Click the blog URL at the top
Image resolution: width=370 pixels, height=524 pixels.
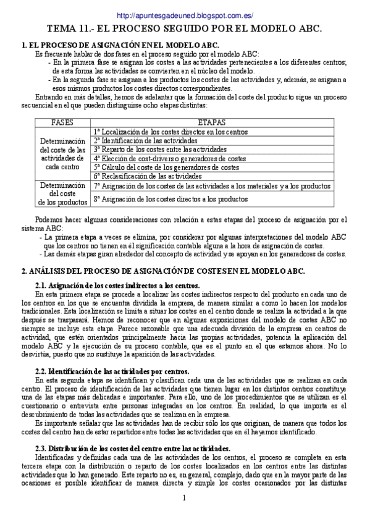click(x=185, y=15)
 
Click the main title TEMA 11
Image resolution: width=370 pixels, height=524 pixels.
click(x=185, y=28)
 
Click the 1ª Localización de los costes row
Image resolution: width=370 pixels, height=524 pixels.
click(x=170, y=132)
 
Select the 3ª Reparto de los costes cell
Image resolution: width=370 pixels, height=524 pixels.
click(x=160, y=149)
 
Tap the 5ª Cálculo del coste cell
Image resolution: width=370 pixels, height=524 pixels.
click(x=166, y=167)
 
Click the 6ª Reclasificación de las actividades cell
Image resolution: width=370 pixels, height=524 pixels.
click(x=152, y=176)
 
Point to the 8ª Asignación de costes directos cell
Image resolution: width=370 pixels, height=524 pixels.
click(x=171, y=199)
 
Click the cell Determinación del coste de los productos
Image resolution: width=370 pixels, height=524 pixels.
click(x=62, y=193)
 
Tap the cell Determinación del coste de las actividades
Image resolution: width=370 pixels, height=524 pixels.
click(x=62, y=154)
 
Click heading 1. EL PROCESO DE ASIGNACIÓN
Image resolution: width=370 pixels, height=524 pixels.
click(x=120, y=46)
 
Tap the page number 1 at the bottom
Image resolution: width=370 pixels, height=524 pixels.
click(x=184, y=498)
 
